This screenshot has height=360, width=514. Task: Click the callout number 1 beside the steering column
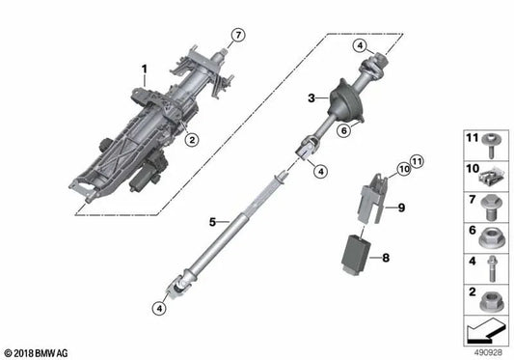coord(144,69)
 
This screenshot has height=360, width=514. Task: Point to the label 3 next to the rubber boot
coord(311,97)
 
